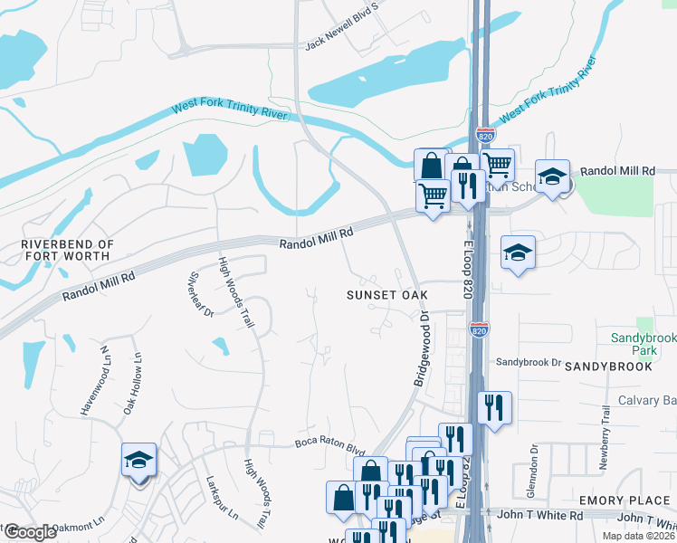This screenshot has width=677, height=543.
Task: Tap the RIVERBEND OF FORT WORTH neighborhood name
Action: [x=68, y=252]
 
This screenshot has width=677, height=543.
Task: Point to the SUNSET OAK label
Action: [x=386, y=295]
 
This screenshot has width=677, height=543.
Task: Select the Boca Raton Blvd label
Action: [x=329, y=444]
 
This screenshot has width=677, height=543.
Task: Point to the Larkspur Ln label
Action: [x=221, y=499]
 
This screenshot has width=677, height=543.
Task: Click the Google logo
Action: [x=30, y=532]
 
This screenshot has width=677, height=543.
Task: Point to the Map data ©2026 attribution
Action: [x=638, y=536]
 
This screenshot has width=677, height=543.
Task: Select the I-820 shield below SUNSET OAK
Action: [x=479, y=330]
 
